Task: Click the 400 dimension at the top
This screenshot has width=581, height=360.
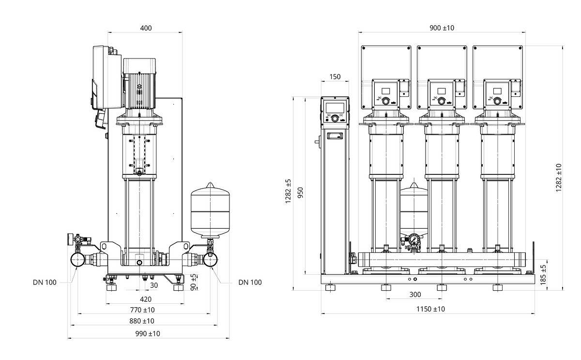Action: [146, 28]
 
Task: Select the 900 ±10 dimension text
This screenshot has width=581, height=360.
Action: [442, 28]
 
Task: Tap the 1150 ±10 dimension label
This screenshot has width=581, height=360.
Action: [430, 309]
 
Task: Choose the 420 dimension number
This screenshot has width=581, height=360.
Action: [145, 299]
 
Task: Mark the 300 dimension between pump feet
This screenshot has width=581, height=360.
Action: [414, 295]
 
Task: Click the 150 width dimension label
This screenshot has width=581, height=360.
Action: [335, 77]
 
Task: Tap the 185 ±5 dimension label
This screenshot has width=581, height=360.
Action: [543, 274]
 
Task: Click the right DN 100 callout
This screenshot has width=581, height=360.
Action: [250, 282]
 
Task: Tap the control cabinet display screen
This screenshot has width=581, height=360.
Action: [335, 107]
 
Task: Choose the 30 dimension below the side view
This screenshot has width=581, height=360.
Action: [153, 285]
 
